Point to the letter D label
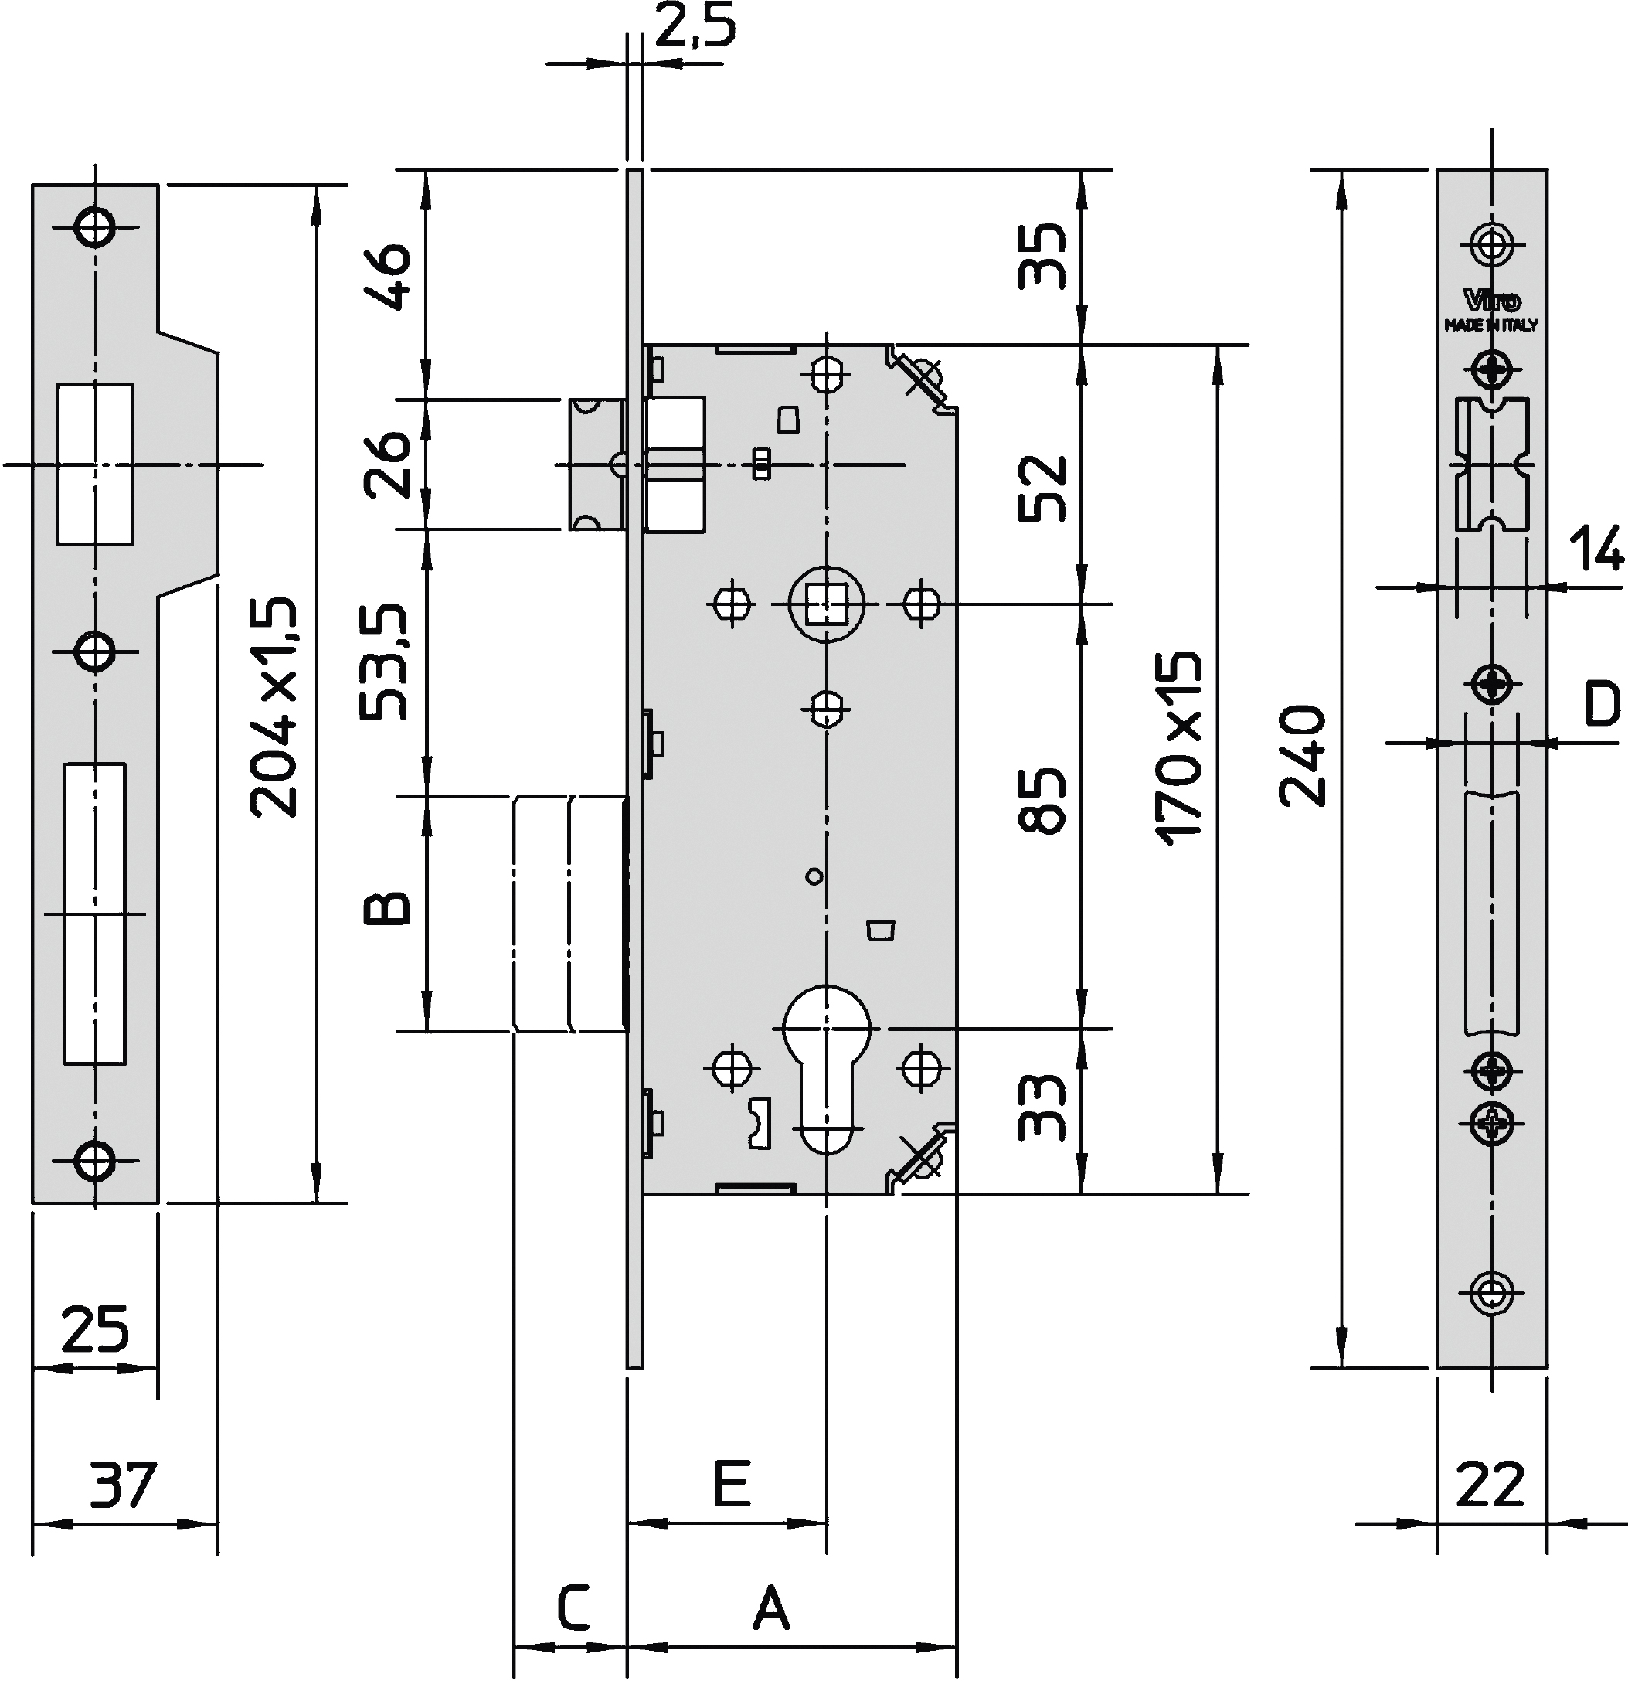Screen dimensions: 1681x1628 (1600, 703)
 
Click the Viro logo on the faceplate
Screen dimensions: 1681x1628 (1492, 301)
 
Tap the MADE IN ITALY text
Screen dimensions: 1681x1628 (1492, 326)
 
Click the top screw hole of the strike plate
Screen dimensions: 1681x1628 (94, 227)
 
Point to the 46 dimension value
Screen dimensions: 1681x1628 (388, 277)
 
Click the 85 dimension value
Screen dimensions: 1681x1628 (1042, 799)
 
